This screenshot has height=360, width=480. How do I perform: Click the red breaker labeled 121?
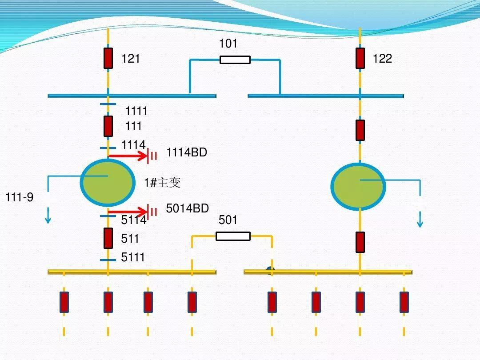[108, 58]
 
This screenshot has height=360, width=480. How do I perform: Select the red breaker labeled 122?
[360, 58]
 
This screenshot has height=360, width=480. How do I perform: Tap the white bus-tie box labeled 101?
[235, 60]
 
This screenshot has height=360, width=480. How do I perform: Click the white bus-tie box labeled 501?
[233, 236]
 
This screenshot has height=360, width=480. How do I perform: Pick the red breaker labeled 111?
[108, 126]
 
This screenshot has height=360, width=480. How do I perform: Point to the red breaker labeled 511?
[108, 238]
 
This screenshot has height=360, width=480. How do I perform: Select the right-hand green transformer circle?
[358, 187]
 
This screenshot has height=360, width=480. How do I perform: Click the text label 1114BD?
[187, 152]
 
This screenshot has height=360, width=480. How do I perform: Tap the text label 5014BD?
[187, 208]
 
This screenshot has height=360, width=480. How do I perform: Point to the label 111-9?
[19, 197]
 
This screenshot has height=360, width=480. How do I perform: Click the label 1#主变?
[162, 182]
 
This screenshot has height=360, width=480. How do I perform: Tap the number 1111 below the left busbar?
[136, 111]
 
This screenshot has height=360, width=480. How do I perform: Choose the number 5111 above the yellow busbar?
[133, 257]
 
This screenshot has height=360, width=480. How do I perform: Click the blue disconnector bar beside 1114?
[108, 148]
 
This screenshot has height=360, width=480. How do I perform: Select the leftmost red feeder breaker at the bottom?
[64, 302]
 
